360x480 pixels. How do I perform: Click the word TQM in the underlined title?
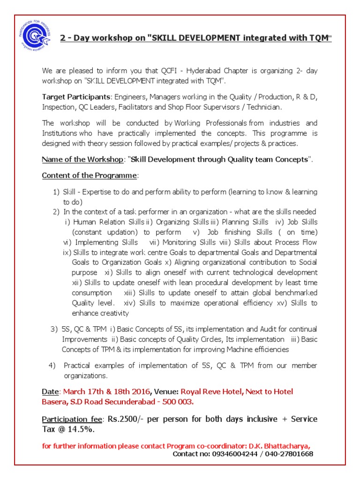click(x=320, y=38)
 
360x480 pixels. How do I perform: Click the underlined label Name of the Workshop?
click(x=82, y=159)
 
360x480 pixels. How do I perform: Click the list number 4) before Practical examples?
click(x=52, y=366)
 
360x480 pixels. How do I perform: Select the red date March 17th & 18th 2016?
click(x=107, y=391)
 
